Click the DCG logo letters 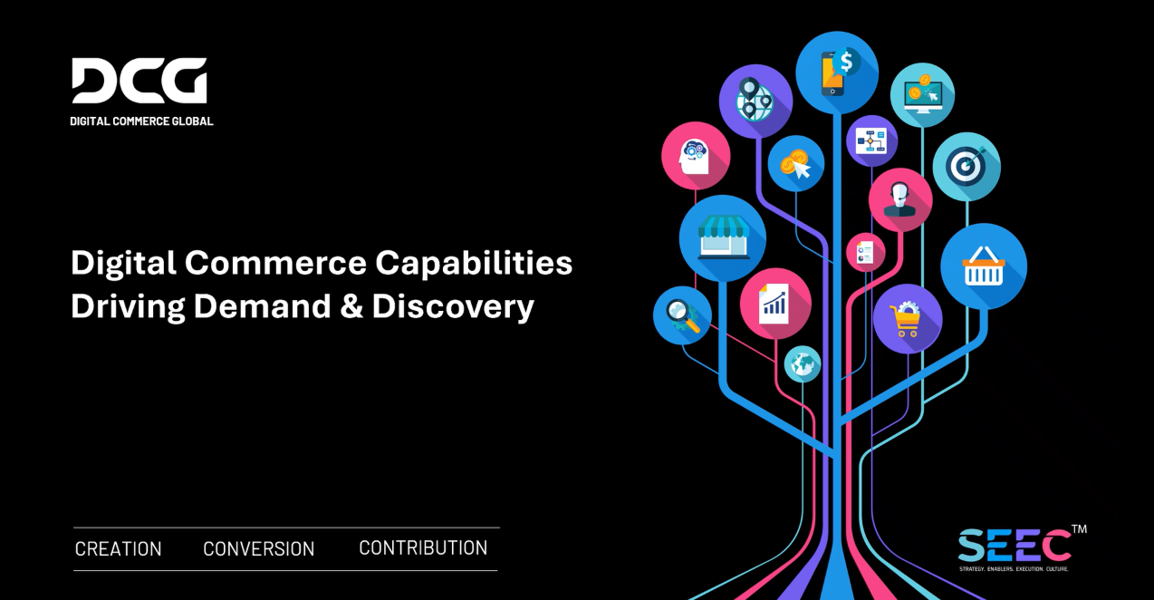click(139, 81)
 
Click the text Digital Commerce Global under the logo click(142, 121)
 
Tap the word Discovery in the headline click(453, 306)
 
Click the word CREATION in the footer click(119, 549)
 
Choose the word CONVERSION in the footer click(259, 549)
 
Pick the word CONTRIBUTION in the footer click(423, 548)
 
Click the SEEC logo click(1015, 547)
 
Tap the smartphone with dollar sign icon click(837, 73)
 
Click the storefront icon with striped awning click(723, 238)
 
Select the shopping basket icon click(984, 266)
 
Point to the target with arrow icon click(966, 167)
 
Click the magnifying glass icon click(682, 315)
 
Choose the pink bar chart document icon click(774, 303)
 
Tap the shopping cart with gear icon click(907, 318)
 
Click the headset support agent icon click(899, 199)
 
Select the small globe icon click(803, 363)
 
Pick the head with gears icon click(696, 156)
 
